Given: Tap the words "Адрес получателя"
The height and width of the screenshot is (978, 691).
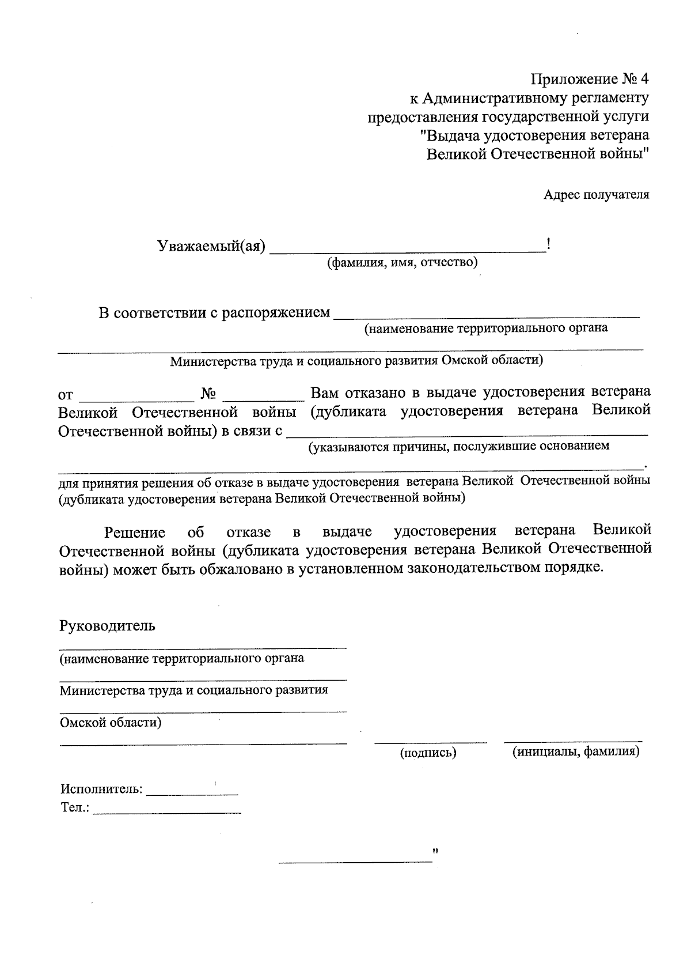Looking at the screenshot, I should pyautogui.click(x=596, y=195).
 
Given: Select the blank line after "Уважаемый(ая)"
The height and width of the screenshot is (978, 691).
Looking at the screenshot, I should pyautogui.click(x=408, y=250).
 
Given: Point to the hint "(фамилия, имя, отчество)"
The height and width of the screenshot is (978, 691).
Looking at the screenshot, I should pyautogui.click(x=403, y=264).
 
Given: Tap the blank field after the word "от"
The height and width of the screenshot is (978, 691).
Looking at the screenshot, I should pyautogui.click(x=136, y=397).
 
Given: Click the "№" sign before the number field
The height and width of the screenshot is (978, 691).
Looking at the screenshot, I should pyautogui.click(x=208, y=395).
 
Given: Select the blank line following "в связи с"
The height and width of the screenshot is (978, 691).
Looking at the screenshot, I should pyautogui.click(x=466, y=432).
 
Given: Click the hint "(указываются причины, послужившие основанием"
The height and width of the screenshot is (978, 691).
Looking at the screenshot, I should pyautogui.click(x=458, y=446).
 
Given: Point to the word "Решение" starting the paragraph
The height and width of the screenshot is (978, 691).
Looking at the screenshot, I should pyautogui.click(x=134, y=533).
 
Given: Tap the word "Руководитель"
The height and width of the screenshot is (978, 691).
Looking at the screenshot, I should pyautogui.click(x=107, y=625).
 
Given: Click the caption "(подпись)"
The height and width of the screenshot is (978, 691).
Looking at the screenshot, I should pyautogui.click(x=428, y=753).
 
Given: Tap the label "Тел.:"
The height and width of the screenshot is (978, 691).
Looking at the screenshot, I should pyautogui.click(x=75, y=808).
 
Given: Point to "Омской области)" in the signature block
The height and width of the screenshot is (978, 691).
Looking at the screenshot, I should pyautogui.click(x=111, y=722).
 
